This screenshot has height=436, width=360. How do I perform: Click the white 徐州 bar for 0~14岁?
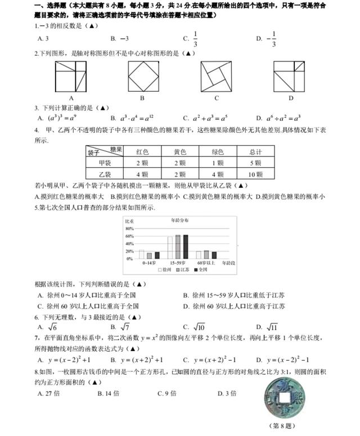(x=142, y=254)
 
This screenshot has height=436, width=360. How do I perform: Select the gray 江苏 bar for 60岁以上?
(x=206, y=254)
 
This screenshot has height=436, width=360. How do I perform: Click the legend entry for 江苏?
(x=179, y=270)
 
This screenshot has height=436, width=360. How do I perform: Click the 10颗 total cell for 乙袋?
(x=255, y=175)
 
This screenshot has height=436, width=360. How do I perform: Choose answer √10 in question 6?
(x=193, y=327)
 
